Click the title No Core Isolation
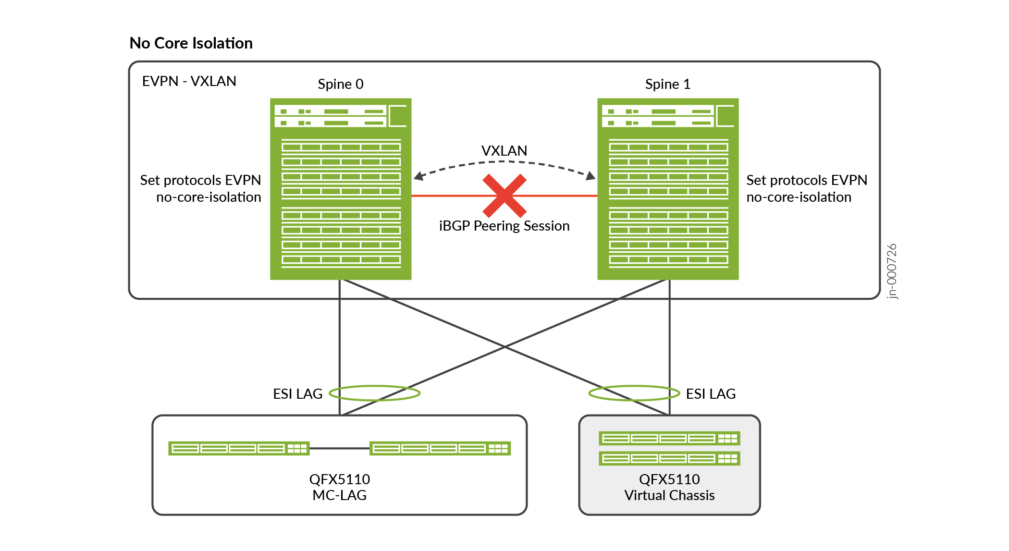point(191,43)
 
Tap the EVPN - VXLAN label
point(189,81)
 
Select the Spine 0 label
point(341,84)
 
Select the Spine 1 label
point(667,84)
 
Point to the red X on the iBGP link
point(504,196)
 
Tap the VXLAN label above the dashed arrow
point(504,151)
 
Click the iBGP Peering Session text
point(504,226)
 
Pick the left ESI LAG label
point(297,394)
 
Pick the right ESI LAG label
point(711,394)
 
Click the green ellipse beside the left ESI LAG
point(375,393)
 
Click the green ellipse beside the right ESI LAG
point(634,393)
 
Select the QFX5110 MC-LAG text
point(339,487)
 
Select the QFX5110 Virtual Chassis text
point(669,487)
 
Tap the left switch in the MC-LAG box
point(239,448)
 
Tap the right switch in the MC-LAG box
point(440,448)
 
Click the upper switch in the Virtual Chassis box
point(669,438)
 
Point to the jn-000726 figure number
point(892,271)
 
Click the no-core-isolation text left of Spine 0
point(209,197)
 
